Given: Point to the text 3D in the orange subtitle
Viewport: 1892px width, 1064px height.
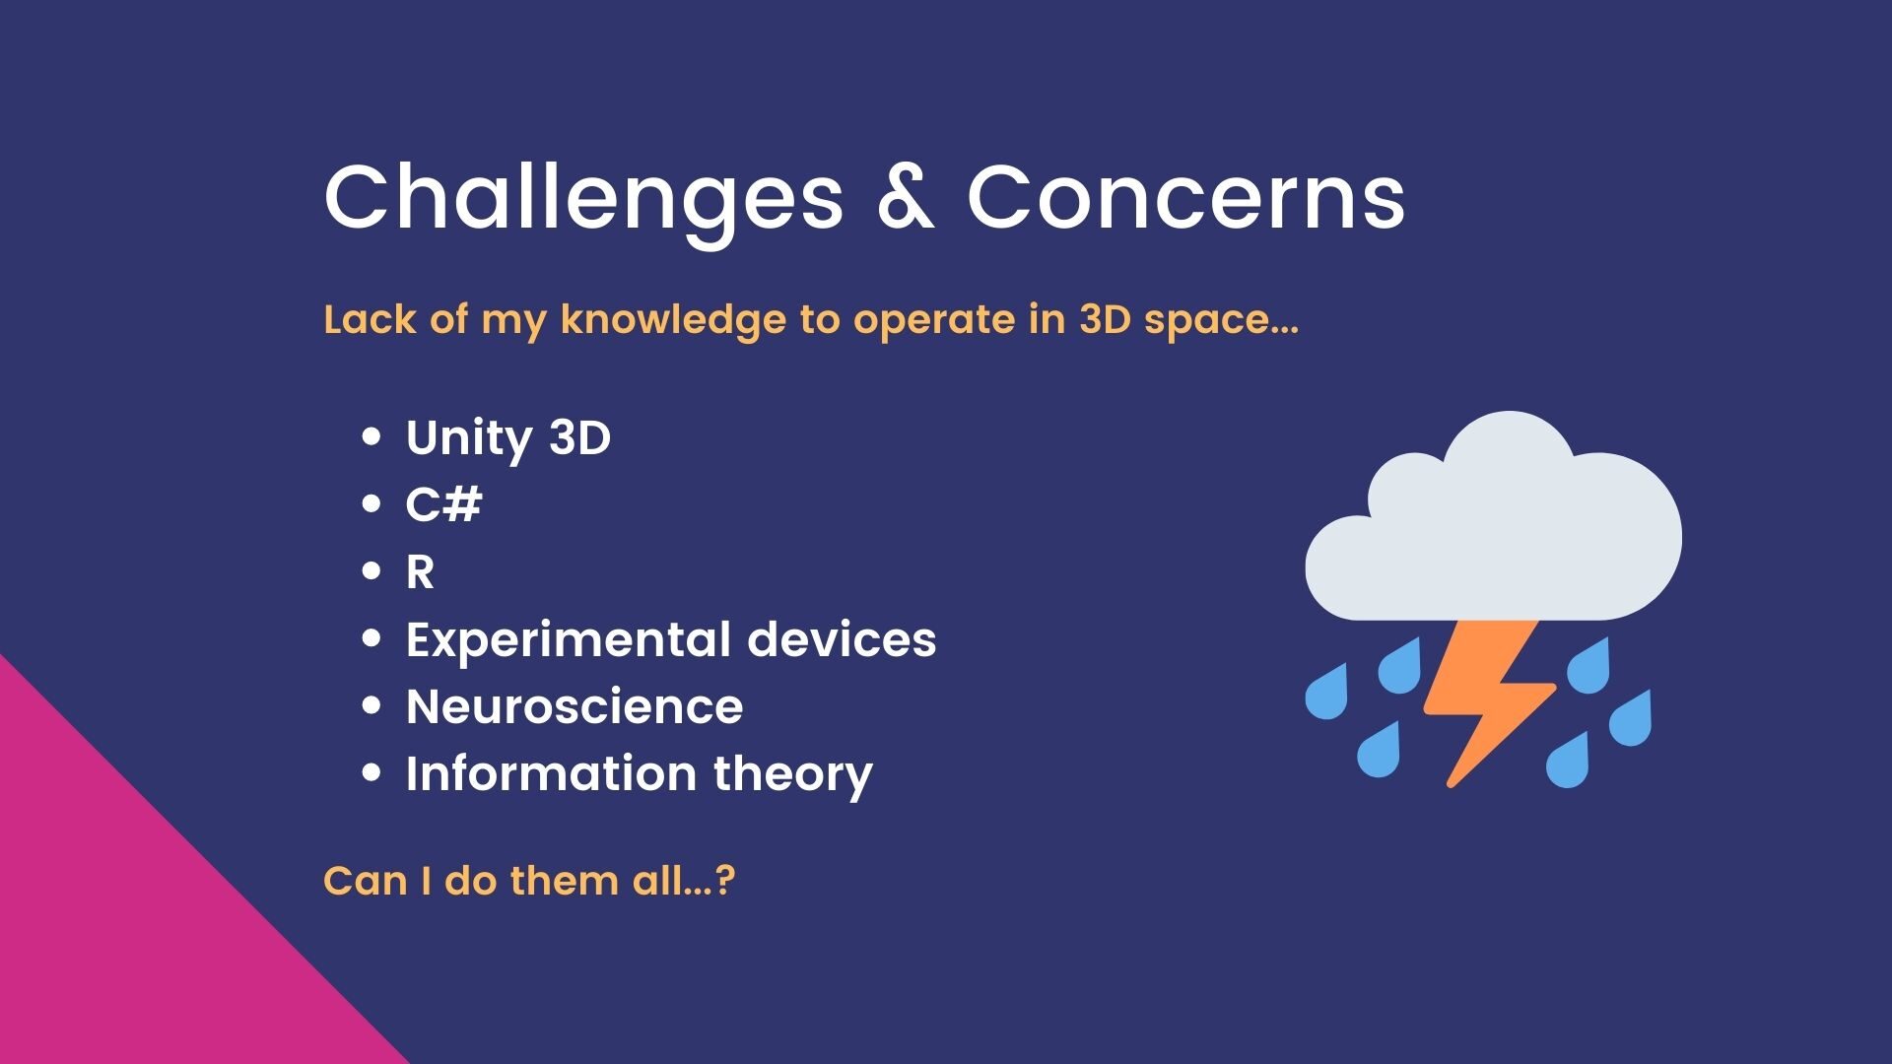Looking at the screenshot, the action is click(1105, 319).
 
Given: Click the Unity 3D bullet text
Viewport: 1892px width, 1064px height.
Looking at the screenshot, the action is click(508, 439).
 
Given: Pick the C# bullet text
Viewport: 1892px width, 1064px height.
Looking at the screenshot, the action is click(444, 504).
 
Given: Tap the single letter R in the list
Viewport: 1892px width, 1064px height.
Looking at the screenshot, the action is click(420, 572).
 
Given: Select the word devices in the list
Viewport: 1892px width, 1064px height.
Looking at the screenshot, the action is click(842, 639).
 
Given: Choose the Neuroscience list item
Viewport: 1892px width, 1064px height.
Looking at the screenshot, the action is click(574, 707).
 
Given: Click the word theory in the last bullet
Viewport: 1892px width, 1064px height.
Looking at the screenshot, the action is click(793, 775).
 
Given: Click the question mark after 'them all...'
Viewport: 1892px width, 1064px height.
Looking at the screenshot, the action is click(726, 880).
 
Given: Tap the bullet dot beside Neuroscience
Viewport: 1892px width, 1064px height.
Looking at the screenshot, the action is click(372, 705).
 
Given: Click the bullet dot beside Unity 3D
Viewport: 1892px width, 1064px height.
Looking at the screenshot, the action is click(372, 436).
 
